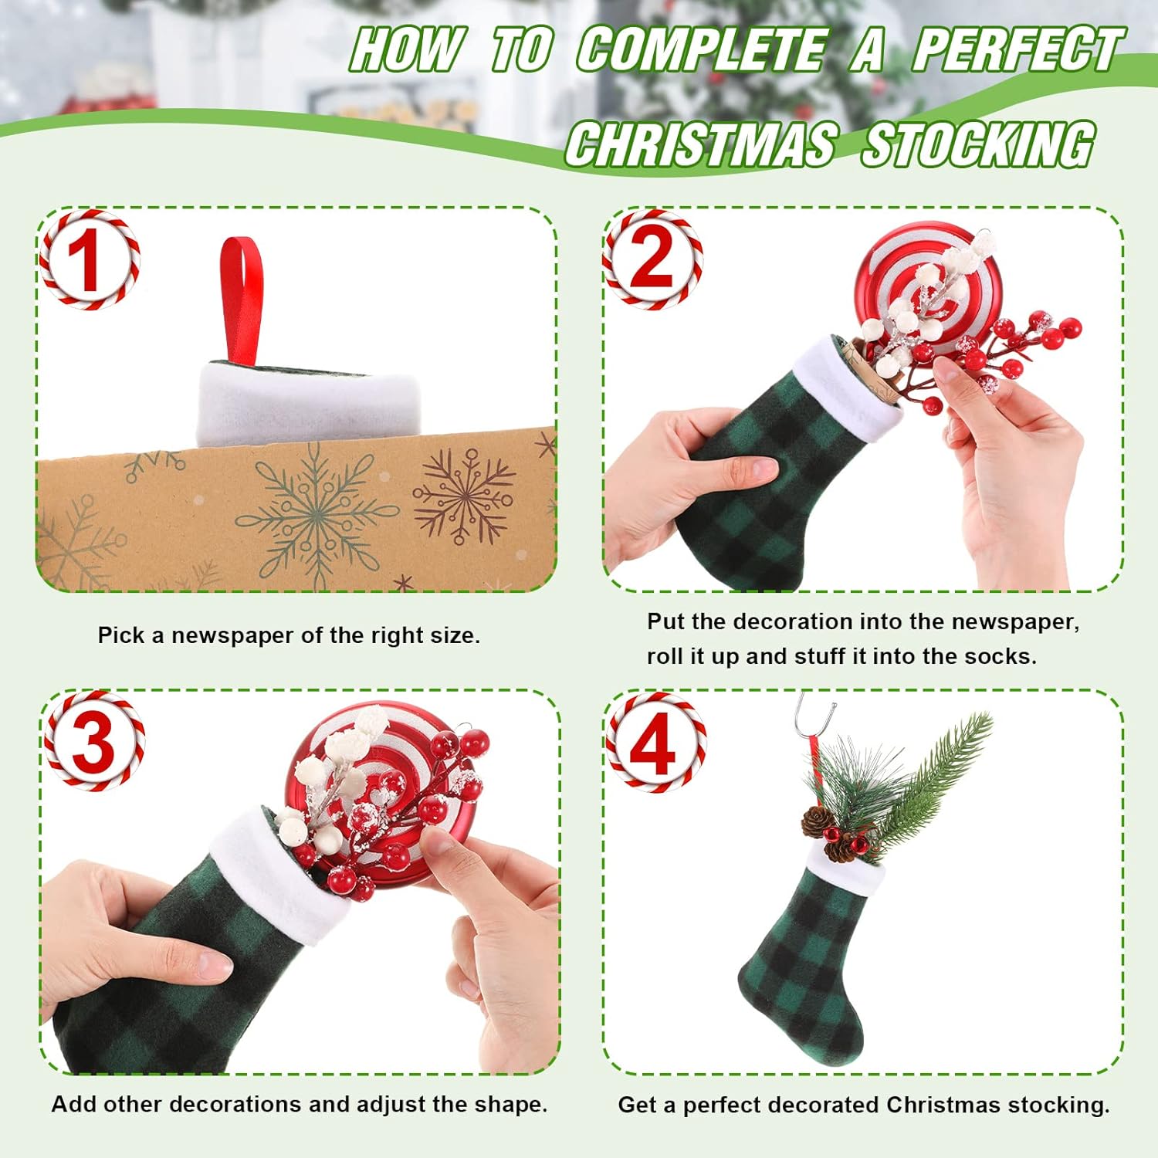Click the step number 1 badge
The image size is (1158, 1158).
(x=90, y=260)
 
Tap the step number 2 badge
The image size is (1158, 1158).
(x=652, y=260)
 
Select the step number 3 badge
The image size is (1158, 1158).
(x=94, y=741)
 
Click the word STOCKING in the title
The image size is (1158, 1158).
(x=977, y=144)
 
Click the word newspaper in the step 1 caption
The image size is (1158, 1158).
(x=232, y=635)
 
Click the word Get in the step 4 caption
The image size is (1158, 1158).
(x=637, y=1105)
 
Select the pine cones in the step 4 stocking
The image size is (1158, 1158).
(x=830, y=834)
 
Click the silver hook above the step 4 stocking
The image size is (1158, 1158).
(x=814, y=714)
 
